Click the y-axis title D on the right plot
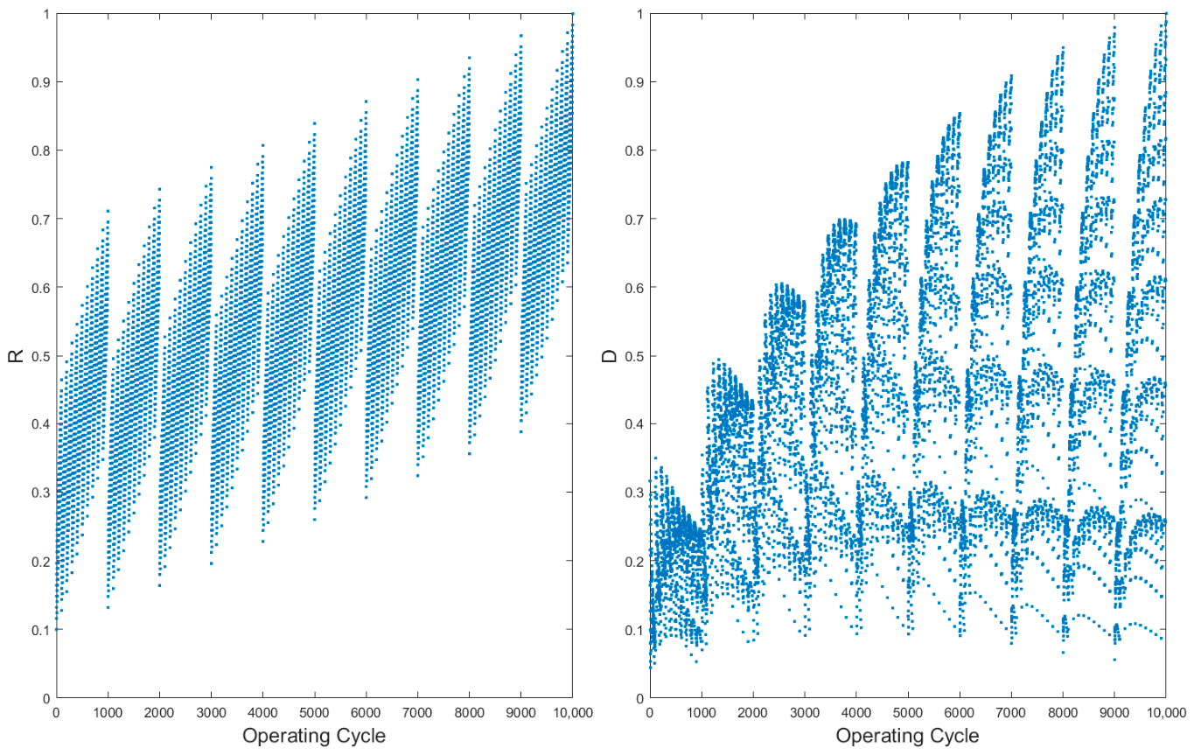click(609, 356)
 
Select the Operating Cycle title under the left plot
click(314, 736)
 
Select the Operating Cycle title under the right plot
click(907, 736)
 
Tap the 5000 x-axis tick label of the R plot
click(314, 712)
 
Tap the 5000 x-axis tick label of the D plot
click(907, 712)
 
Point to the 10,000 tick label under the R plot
click(572, 713)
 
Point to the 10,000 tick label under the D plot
click(1166, 713)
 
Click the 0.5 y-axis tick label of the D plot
click(634, 356)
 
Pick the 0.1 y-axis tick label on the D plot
click(634, 630)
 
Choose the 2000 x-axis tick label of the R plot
click(159, 712)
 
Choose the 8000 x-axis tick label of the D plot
click(1062, 712)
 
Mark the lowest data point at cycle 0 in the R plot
click(57, 629)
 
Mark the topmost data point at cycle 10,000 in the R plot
click(572, 14)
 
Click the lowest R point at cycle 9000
click(520, 432)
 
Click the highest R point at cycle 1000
click(108, 211)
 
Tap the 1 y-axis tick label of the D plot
click(639, 14)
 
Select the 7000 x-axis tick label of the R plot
click(417, 712)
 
